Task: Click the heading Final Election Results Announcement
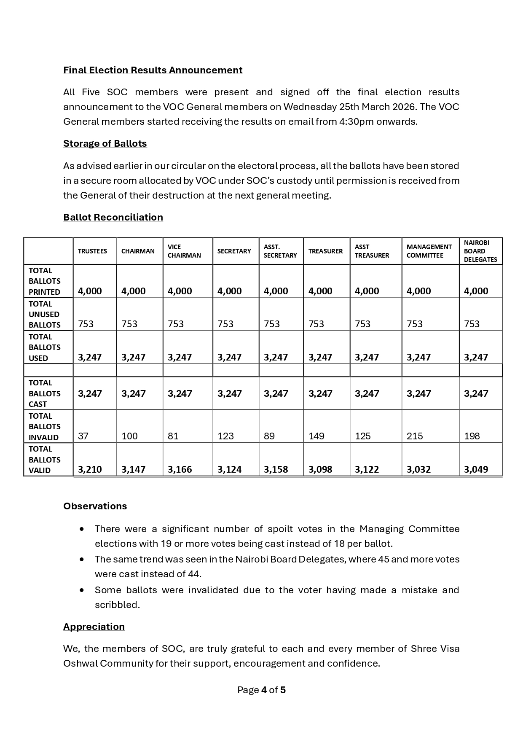(153, 70)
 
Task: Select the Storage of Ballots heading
(105, 143)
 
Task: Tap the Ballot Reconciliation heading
(113, 217)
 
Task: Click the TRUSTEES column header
(92, 251)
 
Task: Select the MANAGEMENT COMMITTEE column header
(429, 251)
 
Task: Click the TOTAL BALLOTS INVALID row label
(44, 427)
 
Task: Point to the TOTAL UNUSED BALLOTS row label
(44, 315)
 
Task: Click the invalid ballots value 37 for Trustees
(83, 436)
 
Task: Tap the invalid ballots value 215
(415, 436)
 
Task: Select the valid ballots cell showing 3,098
(320, 470)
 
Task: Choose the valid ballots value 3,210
(90, 470)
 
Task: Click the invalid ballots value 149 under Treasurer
(316, 436)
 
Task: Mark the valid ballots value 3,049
(476, 470)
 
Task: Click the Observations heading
(95, 506)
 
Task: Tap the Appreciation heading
(94, 627)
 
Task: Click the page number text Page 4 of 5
(261, 690)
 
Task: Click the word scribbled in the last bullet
(117, 605)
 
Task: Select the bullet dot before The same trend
(82, 560)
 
